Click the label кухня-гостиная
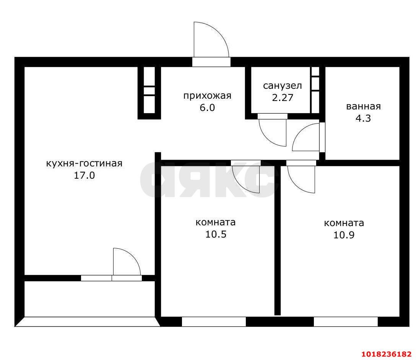tap(84, 163)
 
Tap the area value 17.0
tap(84, 176)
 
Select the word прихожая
tap(207, 96)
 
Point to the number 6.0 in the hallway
tap(207, 108)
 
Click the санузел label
tap(283, 86)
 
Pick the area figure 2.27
tap(283, 98)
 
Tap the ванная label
tap(363, 106)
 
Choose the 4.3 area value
tap(363, 118)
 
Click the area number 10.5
tap(216, 234)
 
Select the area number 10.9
tap(344, 235)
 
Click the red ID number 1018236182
tap(387, 354)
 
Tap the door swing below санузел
tap(268, 138)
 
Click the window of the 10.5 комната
tap(214, 322)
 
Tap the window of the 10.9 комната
tap(346, 322)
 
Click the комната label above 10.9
tap(344, 223)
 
